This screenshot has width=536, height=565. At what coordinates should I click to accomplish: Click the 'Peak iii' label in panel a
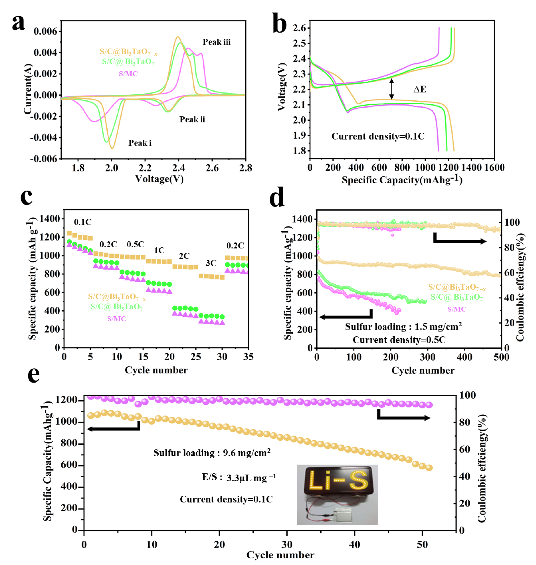tap(216, 42)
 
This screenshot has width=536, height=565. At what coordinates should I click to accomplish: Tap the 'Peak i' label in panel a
tap(140, 143)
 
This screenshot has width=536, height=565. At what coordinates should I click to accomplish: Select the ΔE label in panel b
tap(420, 89)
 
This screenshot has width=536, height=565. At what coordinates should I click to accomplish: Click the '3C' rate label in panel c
tap(211, 263)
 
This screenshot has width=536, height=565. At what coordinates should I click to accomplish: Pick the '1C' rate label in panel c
tap(159, 251)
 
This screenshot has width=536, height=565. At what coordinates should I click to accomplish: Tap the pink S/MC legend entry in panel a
tap(128, 74)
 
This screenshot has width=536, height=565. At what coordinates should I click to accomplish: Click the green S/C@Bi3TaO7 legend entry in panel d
tap(456, 297)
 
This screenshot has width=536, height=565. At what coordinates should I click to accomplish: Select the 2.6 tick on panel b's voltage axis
tap(299, 28)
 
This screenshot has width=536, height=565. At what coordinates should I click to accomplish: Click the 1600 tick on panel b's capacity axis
tap(494, 167)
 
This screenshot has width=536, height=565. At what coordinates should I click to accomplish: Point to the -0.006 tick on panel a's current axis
tap(44, 159)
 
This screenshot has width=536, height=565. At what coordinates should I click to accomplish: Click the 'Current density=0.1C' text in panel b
tap(378, 136)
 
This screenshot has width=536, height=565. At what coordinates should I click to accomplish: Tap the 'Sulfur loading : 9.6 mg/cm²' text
tap(212, 453)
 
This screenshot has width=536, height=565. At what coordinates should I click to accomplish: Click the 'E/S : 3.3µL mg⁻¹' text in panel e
tap(239, 477)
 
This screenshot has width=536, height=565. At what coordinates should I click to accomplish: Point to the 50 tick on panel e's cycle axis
tap(422, 544)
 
